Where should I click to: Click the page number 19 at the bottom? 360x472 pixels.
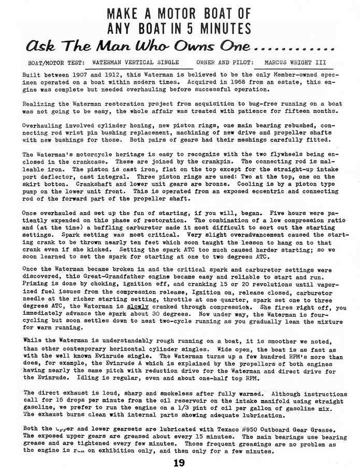(180, 463)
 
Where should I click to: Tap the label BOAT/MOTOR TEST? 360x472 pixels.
(56, 63)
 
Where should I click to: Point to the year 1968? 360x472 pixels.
(219, 82)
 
